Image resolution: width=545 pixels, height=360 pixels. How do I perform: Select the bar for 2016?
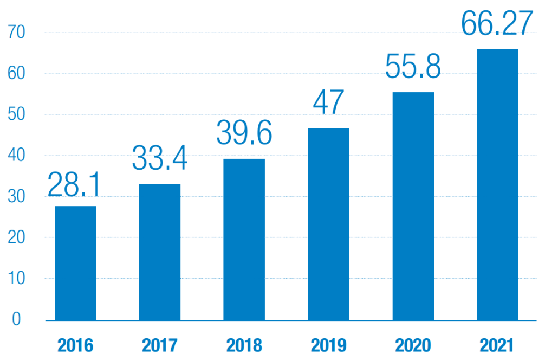pyautogui.click(x=75, y=263)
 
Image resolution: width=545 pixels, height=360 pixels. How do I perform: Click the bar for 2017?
pyautogui.click(x=160, y=252)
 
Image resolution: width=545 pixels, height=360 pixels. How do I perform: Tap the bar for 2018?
pyautogui.click(x=244, y=239)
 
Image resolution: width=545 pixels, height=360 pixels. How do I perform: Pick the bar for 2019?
pyautogui.click(x=328, y=224)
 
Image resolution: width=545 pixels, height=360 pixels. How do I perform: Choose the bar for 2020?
pyautogui.click(x=413, y=206)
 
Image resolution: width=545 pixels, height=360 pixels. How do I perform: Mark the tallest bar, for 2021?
pyautogui.click(x=497, y=184)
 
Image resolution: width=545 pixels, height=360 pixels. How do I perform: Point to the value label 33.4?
pyautogui.click(x=160, y=158)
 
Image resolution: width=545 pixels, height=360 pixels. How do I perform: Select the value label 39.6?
pyautogui.click(x=244, y=133)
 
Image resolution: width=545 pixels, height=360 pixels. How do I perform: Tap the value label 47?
pyautogui.click(x=328, y=102)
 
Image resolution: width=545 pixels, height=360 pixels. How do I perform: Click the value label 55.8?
pyautogui.click(x=413, y=66)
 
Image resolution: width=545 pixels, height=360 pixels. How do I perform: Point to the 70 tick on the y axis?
pyautogui.click(x=16, y=33)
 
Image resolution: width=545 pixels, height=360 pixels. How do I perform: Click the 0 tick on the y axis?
pyautogui.click(x=16, y=319)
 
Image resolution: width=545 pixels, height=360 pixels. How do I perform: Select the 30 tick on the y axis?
pyautogui.click(x=16, y=197)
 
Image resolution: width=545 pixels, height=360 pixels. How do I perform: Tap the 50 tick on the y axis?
pyautogui.click(x=16, y=114)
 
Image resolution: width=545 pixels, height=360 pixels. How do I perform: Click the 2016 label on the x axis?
pyautogui.click(x=75, y=345)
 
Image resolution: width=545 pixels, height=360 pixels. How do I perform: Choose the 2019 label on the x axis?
pyautogui.click(x=328, y=345)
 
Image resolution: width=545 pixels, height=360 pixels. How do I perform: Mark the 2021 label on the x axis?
pyautogui.click(x=497, y=345)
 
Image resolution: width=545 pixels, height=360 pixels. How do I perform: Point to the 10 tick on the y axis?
pyautogui.click(x=16, y=279)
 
